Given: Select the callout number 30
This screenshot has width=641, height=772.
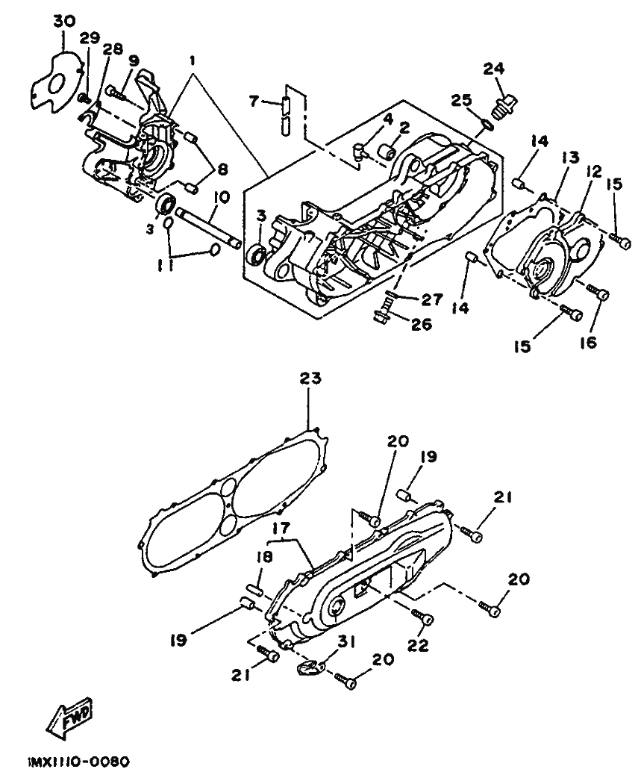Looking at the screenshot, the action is (64, 22).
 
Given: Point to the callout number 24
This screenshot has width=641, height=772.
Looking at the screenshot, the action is (493, 69).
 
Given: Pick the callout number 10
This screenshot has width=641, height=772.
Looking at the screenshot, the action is (222, 198).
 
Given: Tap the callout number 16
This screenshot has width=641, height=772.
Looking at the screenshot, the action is (588, 342).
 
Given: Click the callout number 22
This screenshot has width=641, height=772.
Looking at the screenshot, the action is (418, 644).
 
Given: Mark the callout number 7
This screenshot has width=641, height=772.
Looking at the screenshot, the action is (254, 102).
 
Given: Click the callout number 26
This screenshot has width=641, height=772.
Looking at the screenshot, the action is (421, 324).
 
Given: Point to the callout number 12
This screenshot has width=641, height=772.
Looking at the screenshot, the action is (594, 172).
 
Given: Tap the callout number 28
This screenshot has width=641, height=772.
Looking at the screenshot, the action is (113, 49).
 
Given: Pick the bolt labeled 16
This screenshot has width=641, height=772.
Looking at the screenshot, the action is (597, 293).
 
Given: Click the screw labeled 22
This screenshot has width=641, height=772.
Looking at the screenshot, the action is (422, 617).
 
